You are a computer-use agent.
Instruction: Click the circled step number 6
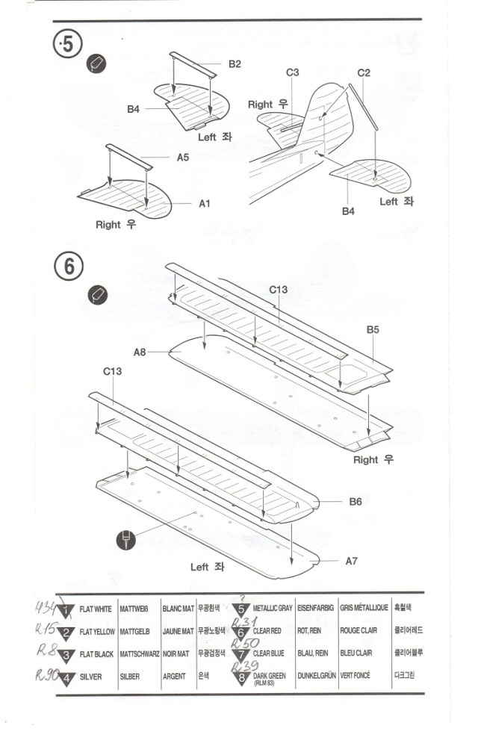68,266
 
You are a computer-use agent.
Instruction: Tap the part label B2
235,64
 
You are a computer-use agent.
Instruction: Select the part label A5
183,158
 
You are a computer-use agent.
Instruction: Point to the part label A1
205,203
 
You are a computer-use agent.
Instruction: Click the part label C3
292,72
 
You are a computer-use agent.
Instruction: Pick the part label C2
364,72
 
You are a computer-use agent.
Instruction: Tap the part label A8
140,352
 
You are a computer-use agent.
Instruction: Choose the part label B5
373,329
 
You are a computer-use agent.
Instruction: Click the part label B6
356,502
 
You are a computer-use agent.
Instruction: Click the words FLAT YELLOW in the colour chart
97,632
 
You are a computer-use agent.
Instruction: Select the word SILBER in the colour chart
129,677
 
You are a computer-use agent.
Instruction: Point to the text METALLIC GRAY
273,609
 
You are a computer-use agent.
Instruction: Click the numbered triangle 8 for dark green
240,677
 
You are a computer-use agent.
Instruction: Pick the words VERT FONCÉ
358,677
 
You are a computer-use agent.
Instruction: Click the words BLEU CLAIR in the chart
358,653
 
